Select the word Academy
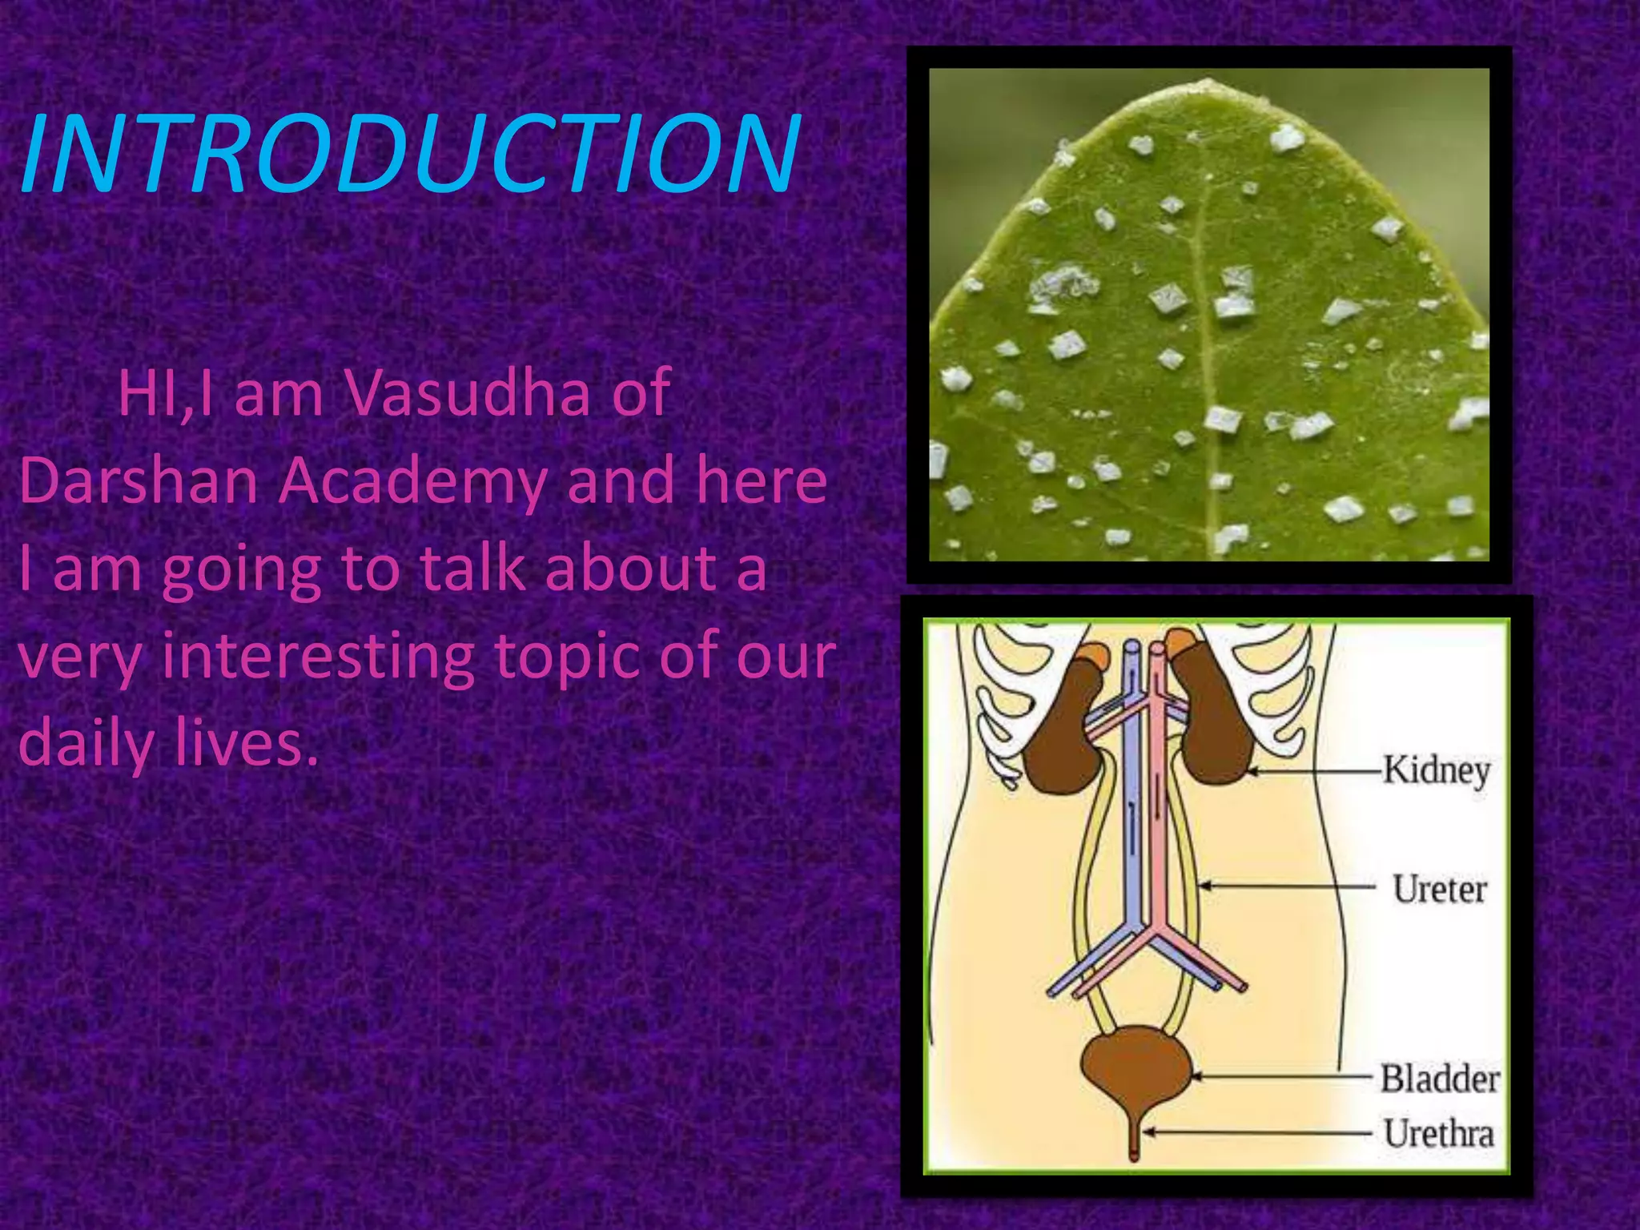point(413,482)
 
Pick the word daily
point(85,742)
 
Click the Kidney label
point(1437,770)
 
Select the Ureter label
point(1439,889)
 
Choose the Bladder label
point(1439,1078)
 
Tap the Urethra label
point(1439,1134)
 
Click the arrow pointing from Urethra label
point(1257,1133)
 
